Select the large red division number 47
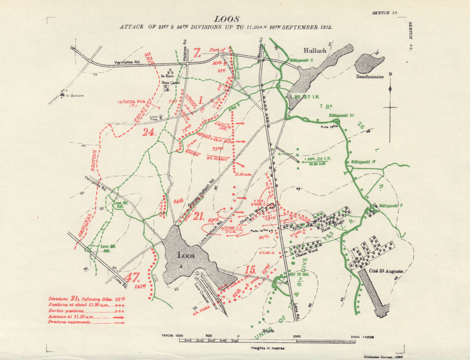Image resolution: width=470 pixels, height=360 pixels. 133,277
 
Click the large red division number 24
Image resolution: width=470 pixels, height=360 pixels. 149,133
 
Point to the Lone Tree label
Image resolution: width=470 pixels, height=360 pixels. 154,118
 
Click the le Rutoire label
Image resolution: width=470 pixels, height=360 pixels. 75,95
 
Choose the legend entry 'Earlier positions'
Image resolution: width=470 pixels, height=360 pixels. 65,311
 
